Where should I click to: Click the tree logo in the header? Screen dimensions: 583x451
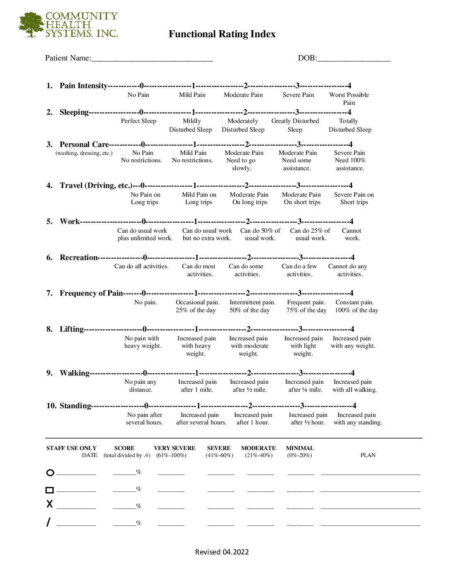(31, 25)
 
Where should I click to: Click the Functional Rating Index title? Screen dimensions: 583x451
(222, 34)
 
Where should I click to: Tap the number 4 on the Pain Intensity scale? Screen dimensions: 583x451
(349, 86)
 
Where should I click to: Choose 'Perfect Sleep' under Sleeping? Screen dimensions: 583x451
(138, 121)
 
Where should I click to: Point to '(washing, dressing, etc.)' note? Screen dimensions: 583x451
(84, 153)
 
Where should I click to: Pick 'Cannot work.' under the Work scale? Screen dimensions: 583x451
(352, 234)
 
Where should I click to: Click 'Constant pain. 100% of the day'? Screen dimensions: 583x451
(356, 306)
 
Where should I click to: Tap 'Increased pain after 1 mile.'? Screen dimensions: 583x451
(197, 386)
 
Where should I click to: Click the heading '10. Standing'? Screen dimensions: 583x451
(68, 406)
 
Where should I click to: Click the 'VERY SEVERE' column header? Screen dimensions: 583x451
(175, 448)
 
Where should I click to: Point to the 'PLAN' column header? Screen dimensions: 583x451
(368, 455)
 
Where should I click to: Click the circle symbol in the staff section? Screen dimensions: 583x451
(50, 472)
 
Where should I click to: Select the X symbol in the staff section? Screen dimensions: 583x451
(50, 504)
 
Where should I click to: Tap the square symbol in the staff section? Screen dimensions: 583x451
(49, 490)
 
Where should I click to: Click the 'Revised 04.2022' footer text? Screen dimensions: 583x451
(222, 552)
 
